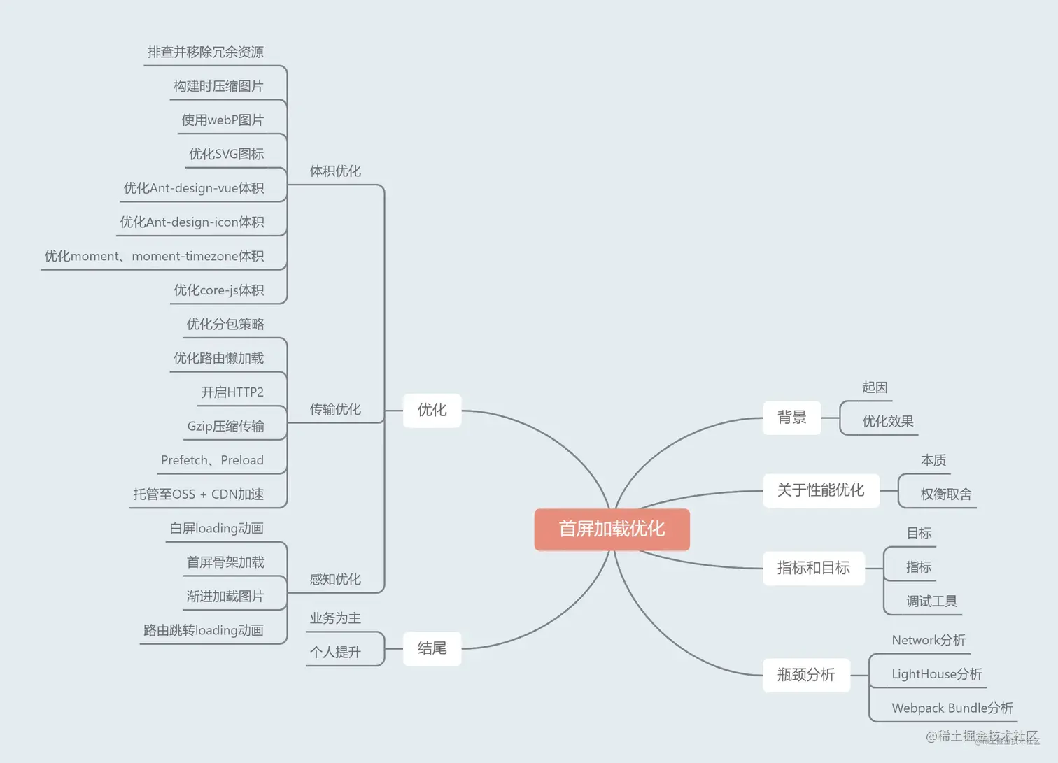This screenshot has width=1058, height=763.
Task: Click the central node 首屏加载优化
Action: click(612, 529)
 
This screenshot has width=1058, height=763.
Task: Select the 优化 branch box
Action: click(432, 410)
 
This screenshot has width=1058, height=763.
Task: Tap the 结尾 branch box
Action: click(432, 648)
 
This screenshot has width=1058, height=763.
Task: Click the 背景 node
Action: click(791, 418)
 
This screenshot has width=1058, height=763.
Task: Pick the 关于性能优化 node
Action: click(820, 490)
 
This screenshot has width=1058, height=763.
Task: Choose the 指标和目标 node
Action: click(813, 568)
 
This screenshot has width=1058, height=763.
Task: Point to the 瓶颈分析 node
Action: click(805, 675)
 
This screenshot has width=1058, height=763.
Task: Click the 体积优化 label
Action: click(335, 171)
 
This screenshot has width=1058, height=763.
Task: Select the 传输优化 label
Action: click(335, 409)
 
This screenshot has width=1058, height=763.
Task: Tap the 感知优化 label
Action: click(335, 579)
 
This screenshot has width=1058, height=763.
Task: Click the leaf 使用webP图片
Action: click(223, 120)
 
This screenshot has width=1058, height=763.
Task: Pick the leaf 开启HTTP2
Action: click(232, 392)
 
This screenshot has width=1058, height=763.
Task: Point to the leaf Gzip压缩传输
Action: click(225, 427)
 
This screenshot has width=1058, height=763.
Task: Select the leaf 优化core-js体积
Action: click(218, 290)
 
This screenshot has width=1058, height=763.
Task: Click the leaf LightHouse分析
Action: click(936, 674)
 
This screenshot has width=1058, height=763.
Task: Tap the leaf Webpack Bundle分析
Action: click(952, 708)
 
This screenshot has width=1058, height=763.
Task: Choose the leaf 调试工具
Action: click(931, 601)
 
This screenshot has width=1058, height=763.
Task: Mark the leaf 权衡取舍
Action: click(946, 494)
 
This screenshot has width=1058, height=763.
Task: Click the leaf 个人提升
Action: click(335, 653)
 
